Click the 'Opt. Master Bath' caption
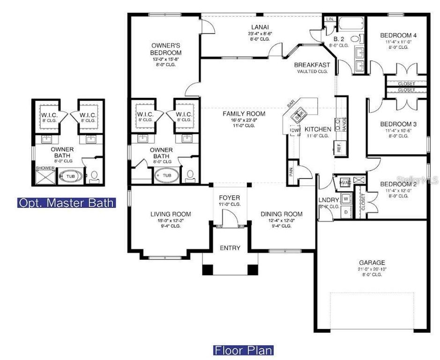[x=67, y=203]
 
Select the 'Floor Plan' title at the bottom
[x=244, y=350]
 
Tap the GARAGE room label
[x=372, y=262]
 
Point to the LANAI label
[x=256, y=27]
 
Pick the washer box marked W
[x=346, y=199]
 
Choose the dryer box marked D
[x=346, y=211]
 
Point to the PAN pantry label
[x=291, y=172]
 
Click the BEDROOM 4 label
[x=398, y=35]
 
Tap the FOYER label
[x=230, y=197]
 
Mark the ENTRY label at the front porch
[x=230, y=248]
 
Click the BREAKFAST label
[x=312, y=65]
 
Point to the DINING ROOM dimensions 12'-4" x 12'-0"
[x=282, y=220]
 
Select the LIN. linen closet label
[x=329, y=20]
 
